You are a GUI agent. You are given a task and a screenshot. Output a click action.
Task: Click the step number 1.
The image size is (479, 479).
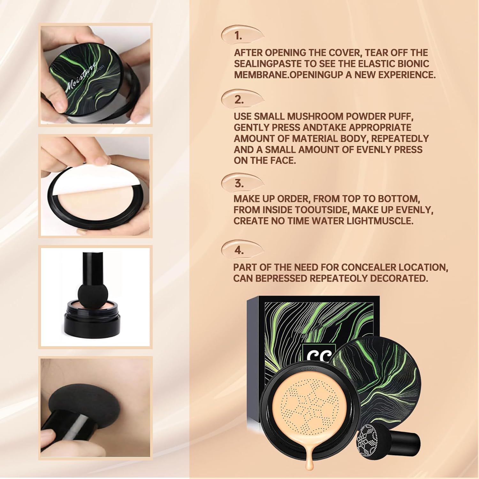pos(238,36)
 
